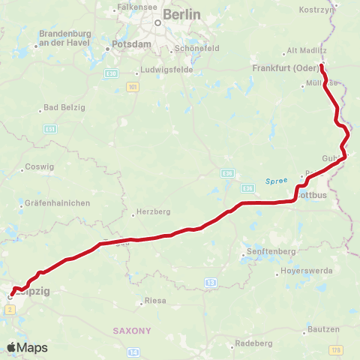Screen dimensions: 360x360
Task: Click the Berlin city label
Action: coord(182,14)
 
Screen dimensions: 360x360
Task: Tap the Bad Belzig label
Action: coord(63,108)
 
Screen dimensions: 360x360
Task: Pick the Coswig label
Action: coord(39,166)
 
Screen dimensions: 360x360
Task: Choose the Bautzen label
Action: coord(322,329)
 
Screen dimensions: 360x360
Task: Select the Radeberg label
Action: coord(253,343)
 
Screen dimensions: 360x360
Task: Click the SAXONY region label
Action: coord(132,330)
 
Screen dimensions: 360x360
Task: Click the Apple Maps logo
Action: coord(27,347)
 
